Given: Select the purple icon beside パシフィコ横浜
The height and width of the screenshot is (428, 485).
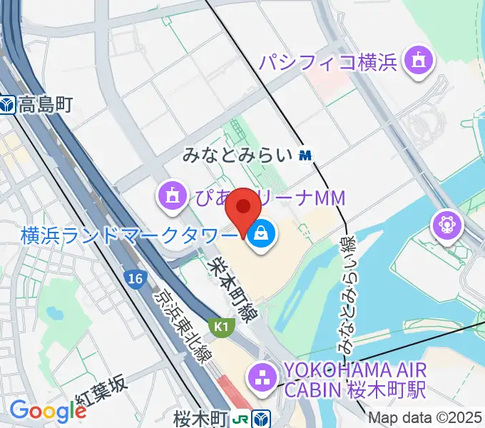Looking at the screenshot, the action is (x=417, y=61).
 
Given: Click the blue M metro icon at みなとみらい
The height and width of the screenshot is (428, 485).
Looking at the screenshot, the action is (x=306, y=154).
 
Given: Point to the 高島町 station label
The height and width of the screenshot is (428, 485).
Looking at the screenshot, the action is (x=46, y=106).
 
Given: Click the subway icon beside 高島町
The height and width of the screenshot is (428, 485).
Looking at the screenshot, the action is (x=9, y=106).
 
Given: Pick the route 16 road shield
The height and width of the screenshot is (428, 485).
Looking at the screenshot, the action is (x=132, y=277).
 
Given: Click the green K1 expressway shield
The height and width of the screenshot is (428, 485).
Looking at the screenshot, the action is (x=221, y=326).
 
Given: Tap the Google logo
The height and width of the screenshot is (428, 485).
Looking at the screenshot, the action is (x=47, y=410).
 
